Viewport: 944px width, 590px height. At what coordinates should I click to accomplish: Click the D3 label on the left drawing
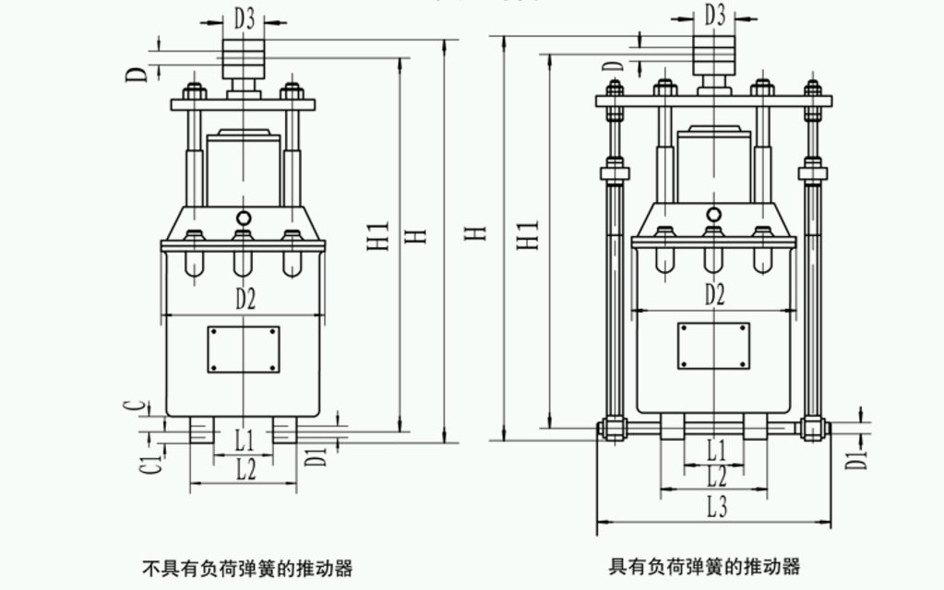click(x=244, y=18)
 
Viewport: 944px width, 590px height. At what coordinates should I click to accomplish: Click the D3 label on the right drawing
click(x=714, y=15)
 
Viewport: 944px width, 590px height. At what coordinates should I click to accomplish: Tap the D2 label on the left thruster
click(x=245, y=298)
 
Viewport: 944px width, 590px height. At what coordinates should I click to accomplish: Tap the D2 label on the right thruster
click(x=714, y=294)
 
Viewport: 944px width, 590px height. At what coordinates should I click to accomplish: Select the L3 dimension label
click(x=716, y=506)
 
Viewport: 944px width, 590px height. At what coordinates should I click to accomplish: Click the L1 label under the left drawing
click(x=244, y=437)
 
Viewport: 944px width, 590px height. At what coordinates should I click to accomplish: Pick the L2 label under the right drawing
click(x=716, y=477)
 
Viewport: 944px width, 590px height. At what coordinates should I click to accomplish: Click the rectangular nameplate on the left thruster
click(x=244, y=348)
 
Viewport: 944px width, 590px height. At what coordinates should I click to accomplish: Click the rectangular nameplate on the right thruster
click(x=713, y=345)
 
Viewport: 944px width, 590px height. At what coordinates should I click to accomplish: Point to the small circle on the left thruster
click(x=244, y=218)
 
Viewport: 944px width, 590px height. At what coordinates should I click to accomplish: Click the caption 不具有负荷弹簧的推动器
click(x=247, y=568)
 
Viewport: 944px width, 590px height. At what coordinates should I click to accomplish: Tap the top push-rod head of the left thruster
click(x=244, y=59)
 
